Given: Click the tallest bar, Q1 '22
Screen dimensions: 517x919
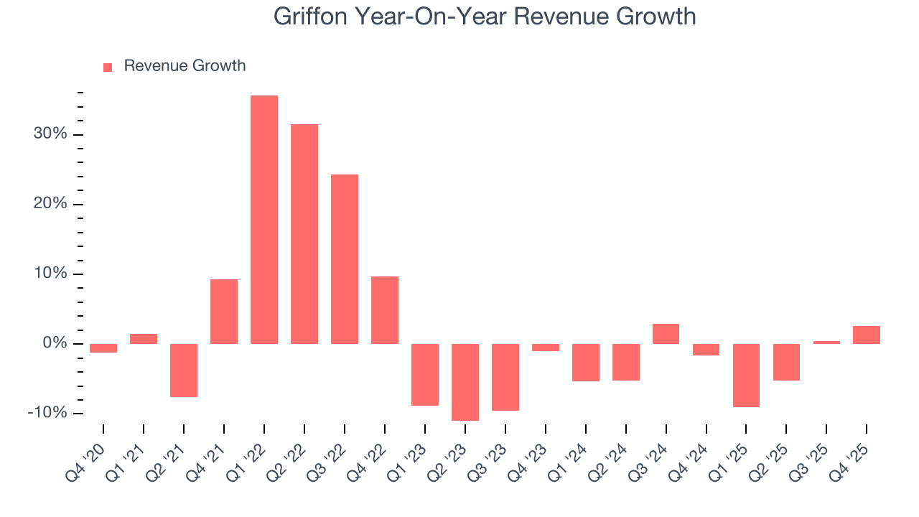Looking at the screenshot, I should [x=264, y=219].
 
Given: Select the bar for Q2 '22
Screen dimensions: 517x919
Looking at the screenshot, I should [x=304, y=233].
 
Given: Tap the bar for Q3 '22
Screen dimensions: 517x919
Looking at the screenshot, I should [x=345, y=258].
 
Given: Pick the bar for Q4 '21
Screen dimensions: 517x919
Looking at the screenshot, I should [x=224, y=311].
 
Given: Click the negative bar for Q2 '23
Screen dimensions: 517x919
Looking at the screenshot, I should [x=465, y=382].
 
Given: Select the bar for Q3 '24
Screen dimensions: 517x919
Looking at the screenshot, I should [x=666, y=334].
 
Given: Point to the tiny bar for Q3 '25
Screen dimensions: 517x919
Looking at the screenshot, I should [x=826, y=343].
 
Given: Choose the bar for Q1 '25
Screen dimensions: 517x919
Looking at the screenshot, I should [x=746, y=375].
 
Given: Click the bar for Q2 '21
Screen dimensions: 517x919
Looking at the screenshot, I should [x=184, y=370].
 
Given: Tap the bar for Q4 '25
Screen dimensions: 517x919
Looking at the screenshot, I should [x=867, y=335].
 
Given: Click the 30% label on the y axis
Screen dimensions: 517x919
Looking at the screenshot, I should [x=50, y=134].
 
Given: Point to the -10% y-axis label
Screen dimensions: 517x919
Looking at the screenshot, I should [x=47, y=413].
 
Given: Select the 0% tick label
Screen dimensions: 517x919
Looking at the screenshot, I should [x=54, y=343].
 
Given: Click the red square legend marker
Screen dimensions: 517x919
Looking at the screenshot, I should [x=108, y=67].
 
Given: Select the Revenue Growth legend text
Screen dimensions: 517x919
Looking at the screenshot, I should [x=185, y=66].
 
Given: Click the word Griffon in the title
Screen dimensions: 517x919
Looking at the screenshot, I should [x=311, y=16].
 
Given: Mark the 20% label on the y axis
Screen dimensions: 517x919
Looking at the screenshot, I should [x=50, y=204].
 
